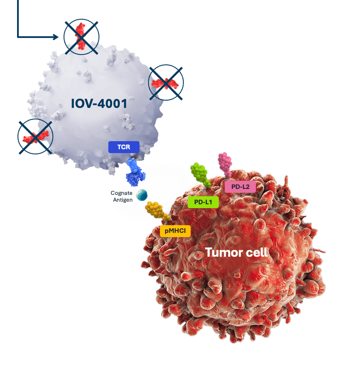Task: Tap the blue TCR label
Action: click(124, 147)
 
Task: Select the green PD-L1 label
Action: click(203, 202)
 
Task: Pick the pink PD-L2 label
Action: click(240, 186)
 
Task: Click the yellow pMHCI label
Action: click(175, 231)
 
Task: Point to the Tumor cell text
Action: click(236, 252)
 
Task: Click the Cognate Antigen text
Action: click(123, 196)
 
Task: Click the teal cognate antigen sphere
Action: click(142, 195)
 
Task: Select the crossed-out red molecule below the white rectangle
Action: click(166, 83)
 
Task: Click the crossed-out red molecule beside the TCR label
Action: click(35, 136)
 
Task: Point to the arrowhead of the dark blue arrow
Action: click(56, 37)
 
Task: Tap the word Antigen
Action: click(123, 200)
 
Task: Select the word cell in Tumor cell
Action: click(256, 252)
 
